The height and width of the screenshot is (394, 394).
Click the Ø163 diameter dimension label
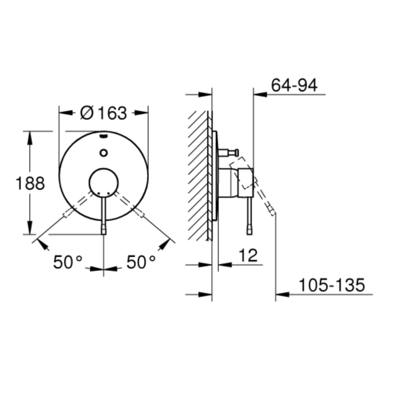[x=103, y=113]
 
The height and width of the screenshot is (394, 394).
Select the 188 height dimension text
[x=30, y=183]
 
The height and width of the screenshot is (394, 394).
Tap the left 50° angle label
[x=68, y=262]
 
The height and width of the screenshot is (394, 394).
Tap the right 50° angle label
[x=141, y=262]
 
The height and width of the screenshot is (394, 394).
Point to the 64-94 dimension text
[x=294, y=85]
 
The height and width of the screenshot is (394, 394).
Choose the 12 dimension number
[x=248, y=256]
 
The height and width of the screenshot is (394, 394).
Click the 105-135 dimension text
[x=331, y=285]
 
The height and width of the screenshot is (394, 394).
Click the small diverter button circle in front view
[x=103, y=153]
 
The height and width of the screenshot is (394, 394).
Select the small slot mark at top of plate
[x=103, y=136]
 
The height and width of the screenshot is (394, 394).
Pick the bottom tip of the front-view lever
[x=104, y=234]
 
